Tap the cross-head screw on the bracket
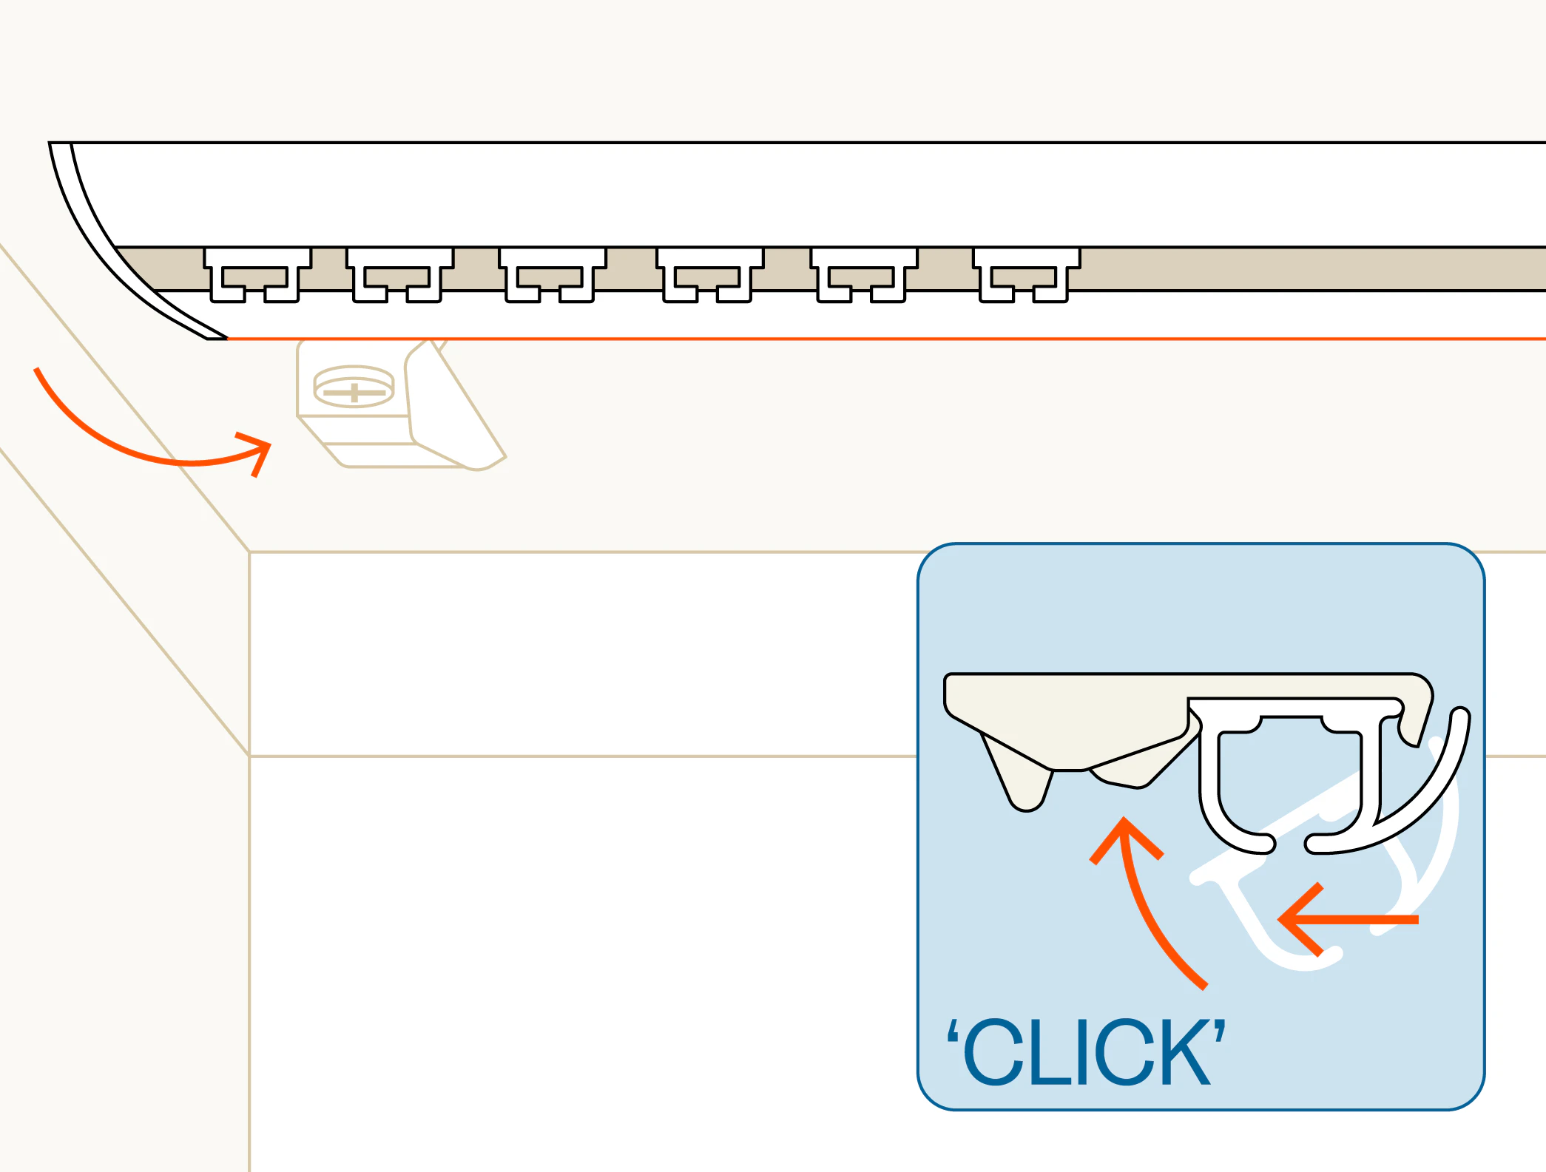click(354, 387)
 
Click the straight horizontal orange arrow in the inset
click(1348, 920)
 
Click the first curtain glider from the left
click(257, 275)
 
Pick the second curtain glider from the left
click(399, 275)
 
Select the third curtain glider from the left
click(553, 275)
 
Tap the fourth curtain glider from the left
click(709, 275)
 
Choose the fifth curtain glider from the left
click(864, 275)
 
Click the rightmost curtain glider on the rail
click(1026, 275)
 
